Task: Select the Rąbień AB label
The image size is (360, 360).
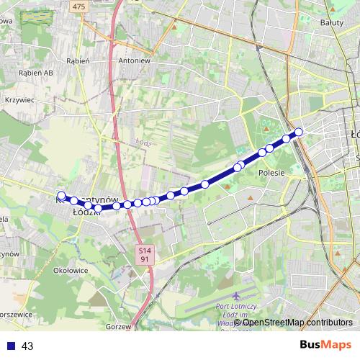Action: (36, 73)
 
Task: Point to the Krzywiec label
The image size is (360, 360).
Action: (19, 101)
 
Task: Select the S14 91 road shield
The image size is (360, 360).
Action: (145, 253)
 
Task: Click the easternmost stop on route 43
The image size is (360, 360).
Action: (298, 131)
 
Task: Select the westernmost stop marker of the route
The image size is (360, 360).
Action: (61, 195)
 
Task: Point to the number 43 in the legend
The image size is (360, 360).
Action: (27, 346)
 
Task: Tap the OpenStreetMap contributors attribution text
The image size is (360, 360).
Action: (297, 323)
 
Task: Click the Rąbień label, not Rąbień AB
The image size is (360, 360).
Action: (78, 61)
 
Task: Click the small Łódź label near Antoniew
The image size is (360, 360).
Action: (141, 142)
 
